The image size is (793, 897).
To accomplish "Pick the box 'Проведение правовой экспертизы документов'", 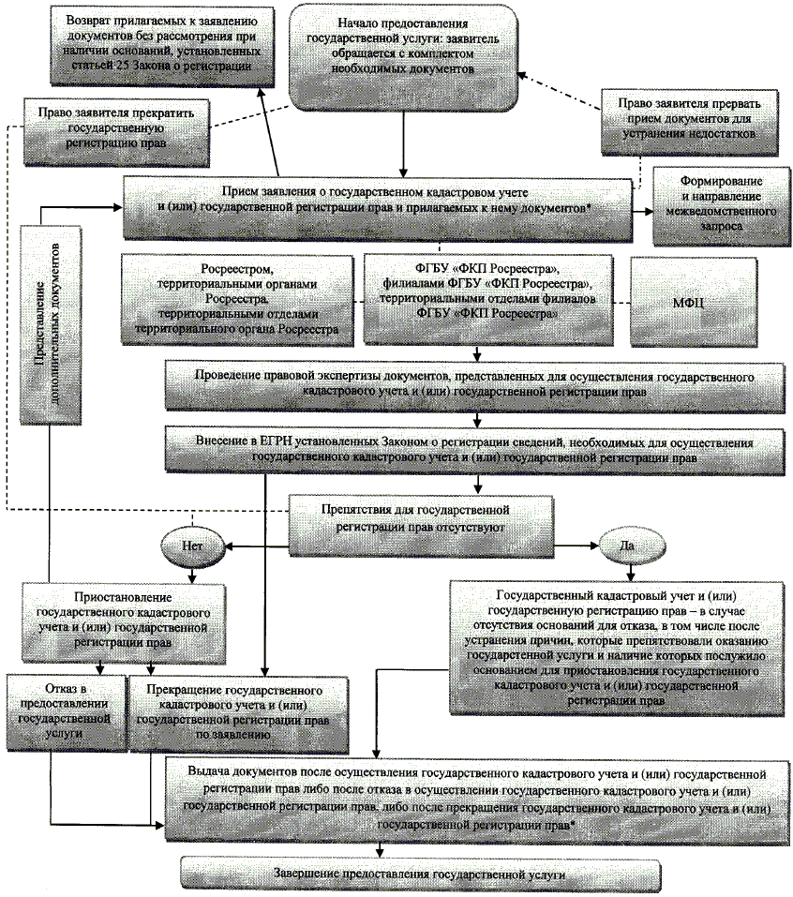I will (x=476, y=382).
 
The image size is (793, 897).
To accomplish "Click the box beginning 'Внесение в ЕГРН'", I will (x=476, y=447).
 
